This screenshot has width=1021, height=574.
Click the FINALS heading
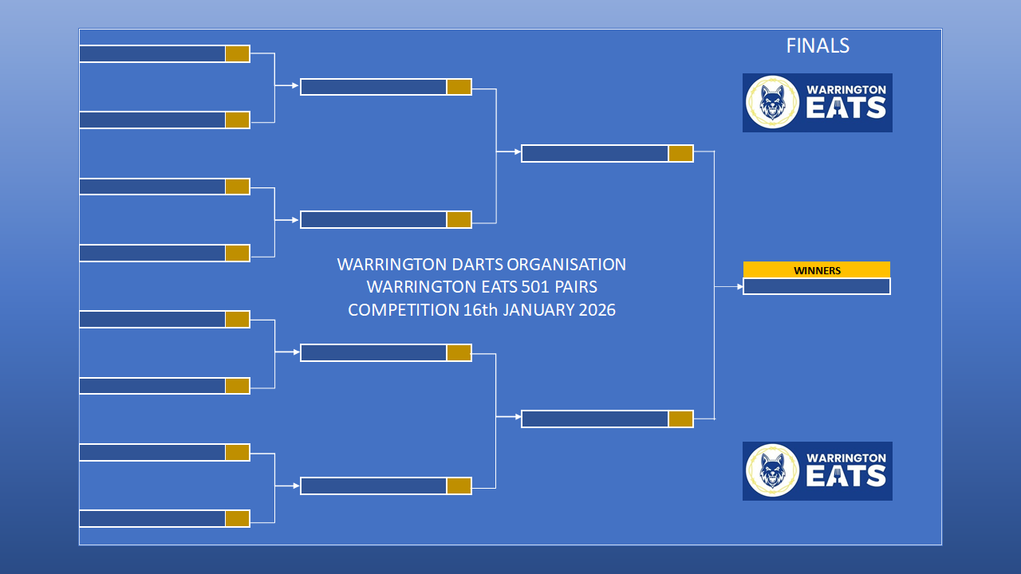click(818, 45)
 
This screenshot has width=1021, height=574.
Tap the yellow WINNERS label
click(817, 270)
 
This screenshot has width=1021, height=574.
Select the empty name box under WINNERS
click(817, 286)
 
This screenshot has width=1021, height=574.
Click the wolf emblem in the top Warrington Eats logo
click(773, 103)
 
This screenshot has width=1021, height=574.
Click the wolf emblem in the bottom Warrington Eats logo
click(773, 470)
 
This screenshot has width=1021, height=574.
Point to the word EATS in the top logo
click(846, 108)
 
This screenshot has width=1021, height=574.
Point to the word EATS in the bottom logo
click(846, 477)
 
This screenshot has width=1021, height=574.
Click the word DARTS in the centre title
click(477, 264)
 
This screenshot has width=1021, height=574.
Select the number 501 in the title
click(536, 287)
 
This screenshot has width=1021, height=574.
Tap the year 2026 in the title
click(597, 310)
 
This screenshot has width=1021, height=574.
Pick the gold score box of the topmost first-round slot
click(238, 53)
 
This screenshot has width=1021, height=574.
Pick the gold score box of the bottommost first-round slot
click(238, 518)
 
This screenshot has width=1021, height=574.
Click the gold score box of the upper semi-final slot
click(680, 154)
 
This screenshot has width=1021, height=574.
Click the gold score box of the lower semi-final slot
click(680, 419)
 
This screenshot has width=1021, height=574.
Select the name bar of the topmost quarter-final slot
click(373, 87)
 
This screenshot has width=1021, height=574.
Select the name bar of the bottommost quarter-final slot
click(373, 486)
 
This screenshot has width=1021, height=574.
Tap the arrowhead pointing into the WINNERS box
click(740, 286)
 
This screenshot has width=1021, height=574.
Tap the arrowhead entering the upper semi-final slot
click(518, 151)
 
